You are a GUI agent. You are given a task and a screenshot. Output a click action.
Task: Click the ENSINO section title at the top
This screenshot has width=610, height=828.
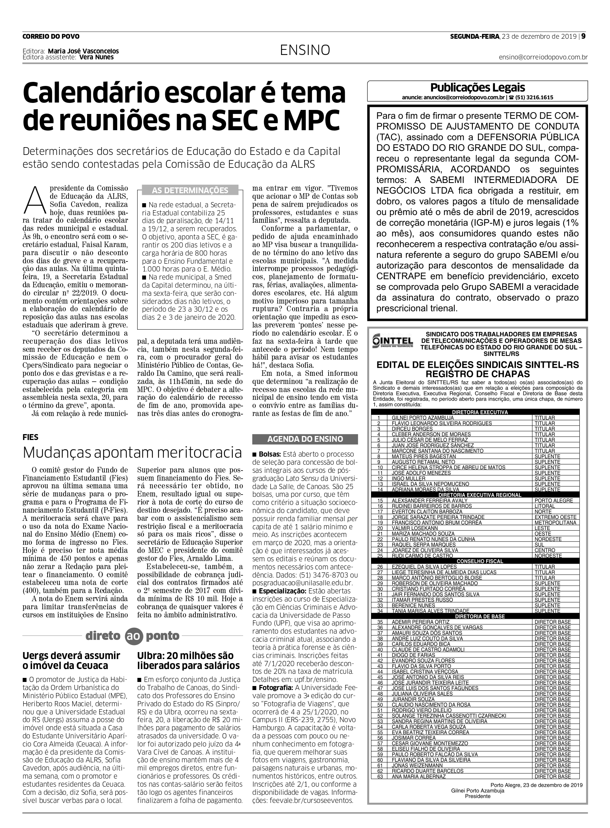point(305,50)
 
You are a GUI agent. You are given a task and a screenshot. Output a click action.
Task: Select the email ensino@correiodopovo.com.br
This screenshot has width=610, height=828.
point(543,57)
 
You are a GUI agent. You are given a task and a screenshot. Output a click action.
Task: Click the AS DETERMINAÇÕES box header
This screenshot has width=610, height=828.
point(190,190)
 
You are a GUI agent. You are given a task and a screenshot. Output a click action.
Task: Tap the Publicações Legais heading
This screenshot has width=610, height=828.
point(477,88)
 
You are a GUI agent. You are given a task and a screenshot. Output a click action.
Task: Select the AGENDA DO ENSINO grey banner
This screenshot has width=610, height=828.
point(305,439)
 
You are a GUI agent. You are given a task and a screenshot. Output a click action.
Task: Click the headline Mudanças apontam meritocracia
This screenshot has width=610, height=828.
point(132,452)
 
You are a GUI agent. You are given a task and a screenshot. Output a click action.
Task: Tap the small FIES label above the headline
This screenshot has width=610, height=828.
point(30,437)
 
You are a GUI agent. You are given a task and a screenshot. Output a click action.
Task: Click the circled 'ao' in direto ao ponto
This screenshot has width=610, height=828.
point(133,636)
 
